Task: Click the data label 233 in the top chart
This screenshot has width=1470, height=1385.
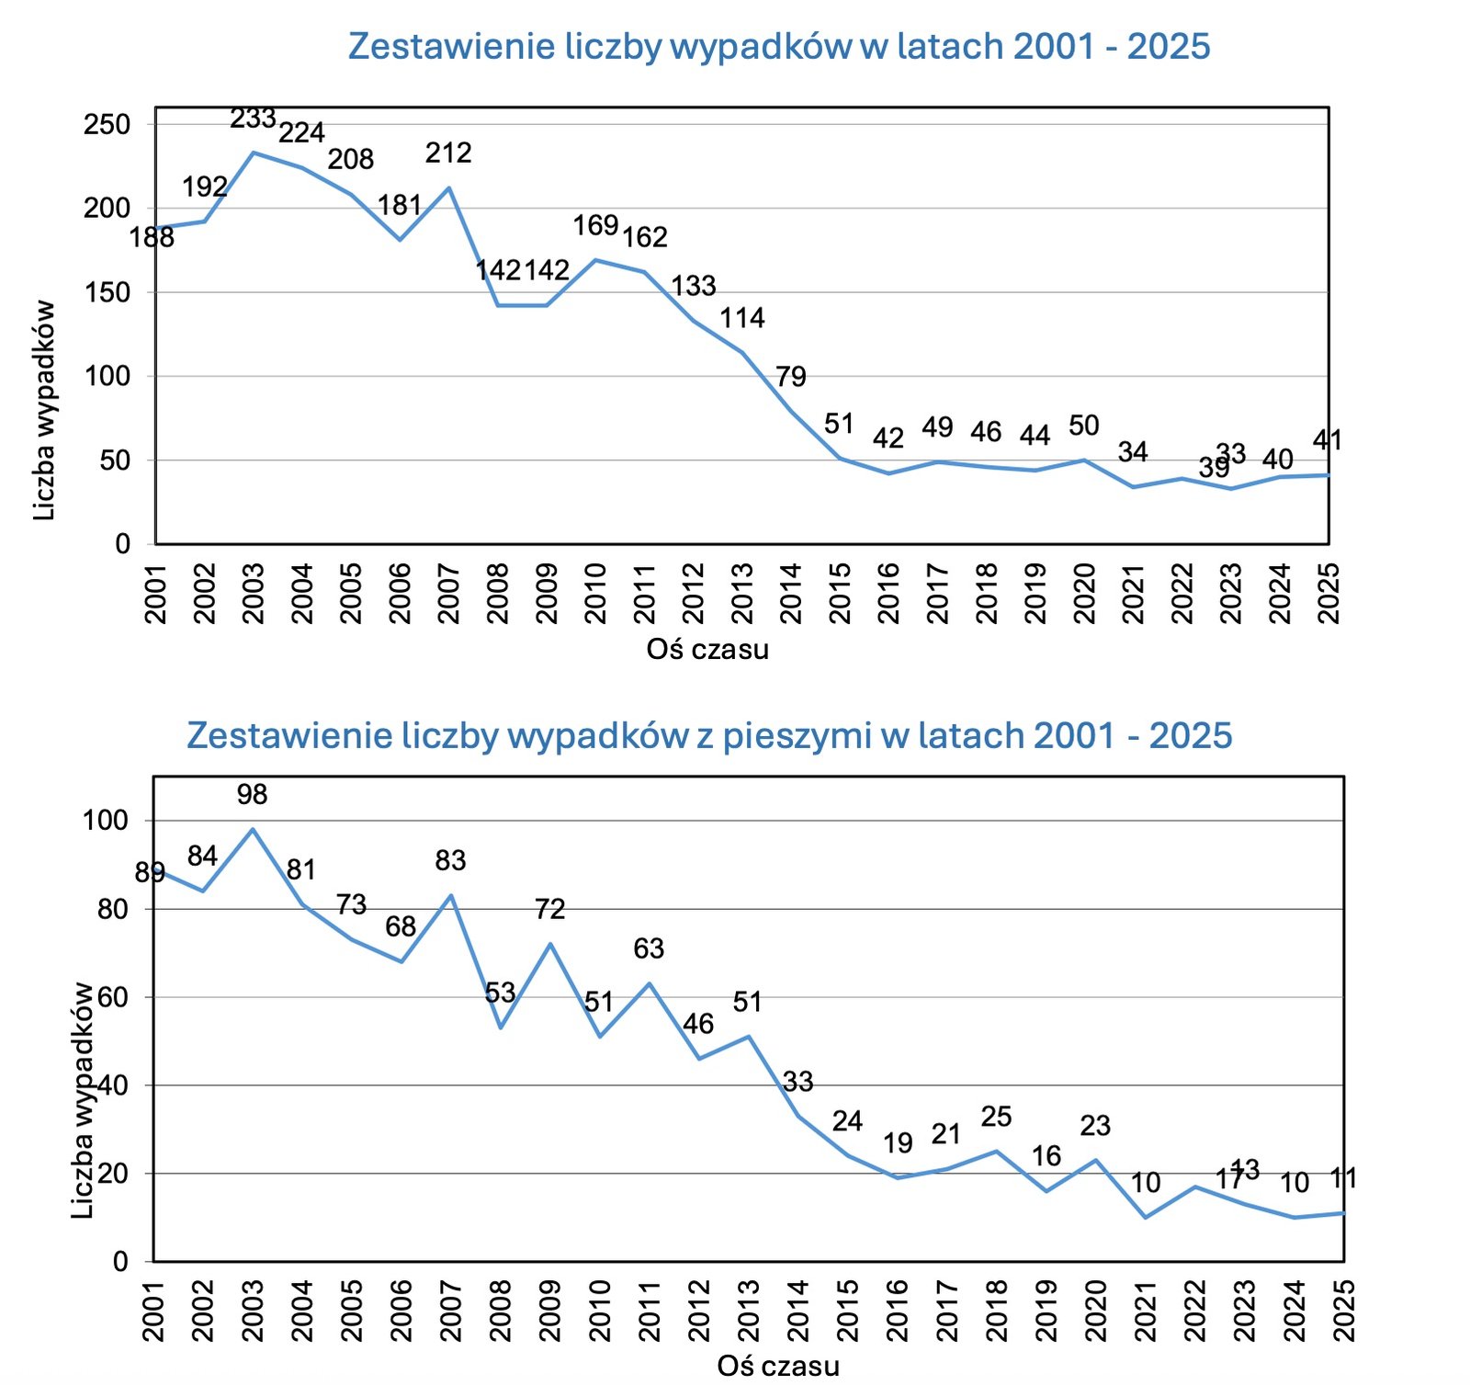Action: pos(253,119)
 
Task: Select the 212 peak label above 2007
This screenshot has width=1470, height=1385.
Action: pos(448,153)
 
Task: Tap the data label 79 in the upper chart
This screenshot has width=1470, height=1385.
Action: pos(790,377)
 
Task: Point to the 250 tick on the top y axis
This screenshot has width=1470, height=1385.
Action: pos(107,124)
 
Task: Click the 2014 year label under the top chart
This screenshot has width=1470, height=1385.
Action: pos(791,594)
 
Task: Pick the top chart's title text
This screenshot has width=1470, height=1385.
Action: pos(779,46)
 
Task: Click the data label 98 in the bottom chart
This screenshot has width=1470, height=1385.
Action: pos(252,794)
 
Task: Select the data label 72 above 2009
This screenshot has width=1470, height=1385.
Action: pos(549,909)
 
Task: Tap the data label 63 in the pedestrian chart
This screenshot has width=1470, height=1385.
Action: pos(649,948)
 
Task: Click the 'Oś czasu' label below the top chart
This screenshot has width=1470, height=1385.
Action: pos(707,650)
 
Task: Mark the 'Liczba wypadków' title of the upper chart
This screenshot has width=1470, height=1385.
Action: pos(44,411)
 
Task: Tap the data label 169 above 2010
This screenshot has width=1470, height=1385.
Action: pos(595,225)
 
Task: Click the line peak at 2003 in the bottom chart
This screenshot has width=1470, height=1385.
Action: pos(254,829)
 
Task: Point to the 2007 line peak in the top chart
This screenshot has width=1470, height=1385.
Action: pos(448,187)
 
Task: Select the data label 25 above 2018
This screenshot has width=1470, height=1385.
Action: pos(996,1117)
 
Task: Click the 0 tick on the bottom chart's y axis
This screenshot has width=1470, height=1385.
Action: pos(120,1262)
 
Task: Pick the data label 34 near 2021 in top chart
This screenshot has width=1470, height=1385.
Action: pos(1133,451)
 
